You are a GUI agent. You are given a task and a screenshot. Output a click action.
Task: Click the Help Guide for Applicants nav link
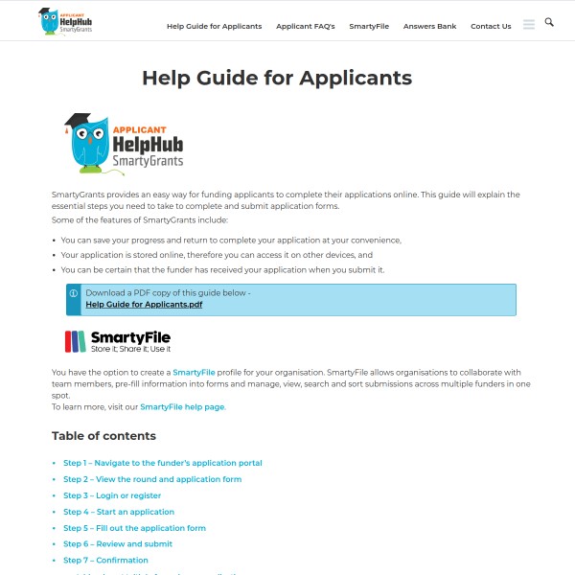point(214,27)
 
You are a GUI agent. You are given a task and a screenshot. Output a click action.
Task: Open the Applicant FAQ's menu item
point(306,27)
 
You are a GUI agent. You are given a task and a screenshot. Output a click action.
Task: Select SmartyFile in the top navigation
point(369,27)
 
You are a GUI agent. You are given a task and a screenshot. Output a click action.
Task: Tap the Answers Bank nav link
point(429,27)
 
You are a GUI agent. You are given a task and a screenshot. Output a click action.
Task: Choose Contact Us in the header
point(491,27)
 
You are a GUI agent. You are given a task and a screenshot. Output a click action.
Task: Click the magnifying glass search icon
point(549,22)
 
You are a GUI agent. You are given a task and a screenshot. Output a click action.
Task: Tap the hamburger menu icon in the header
point(529,25)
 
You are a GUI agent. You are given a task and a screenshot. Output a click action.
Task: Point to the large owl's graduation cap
point(78,122)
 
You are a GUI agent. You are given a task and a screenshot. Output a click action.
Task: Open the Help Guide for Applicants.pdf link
point(144,304)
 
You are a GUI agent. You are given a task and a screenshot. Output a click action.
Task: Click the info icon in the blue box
point(74,293)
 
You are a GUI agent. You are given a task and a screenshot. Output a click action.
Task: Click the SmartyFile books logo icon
point(75,342)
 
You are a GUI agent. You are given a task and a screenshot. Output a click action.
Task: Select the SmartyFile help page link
point(182,406)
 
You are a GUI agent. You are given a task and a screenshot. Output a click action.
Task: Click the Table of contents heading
point(103,436)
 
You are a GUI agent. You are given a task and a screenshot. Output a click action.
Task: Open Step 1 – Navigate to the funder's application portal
point(162,463)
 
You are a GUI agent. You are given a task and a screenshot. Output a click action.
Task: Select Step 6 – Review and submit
point(118,544)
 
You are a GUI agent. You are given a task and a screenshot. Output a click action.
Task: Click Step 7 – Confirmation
point(105,561)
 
